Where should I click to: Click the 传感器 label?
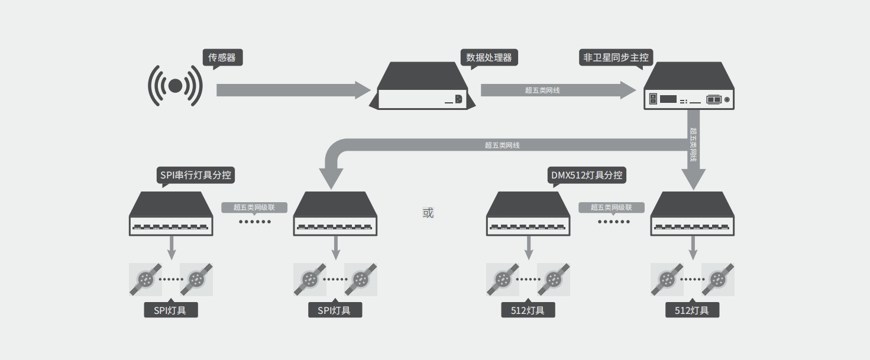click(x=222, y=57)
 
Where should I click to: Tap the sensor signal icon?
click(x=175, y=86)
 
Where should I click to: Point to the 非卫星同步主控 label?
click(x=616, y=57)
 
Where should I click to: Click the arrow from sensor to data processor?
click(x=293, y=90)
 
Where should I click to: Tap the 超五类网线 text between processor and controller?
click(x=542, y=90)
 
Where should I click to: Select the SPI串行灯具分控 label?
click(x=196, y=175)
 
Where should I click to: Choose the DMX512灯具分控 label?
click(x=587, y=175)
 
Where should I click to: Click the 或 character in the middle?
click(x=428, y=213)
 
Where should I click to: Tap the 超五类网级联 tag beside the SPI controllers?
click(x=254, y=207)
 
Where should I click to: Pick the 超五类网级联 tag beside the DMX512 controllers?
click(x=611, y=207)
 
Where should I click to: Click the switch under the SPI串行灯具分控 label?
click(x=171, y=214)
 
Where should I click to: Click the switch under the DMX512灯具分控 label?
click(x=528, y=214)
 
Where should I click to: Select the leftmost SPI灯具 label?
click(x=170, y=310)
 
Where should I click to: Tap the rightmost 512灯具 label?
click(x=692, y=310)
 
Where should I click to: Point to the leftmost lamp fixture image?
click(x=145, y=279)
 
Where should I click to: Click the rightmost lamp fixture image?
click(x=718, y=279)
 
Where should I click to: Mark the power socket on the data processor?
click(x=458, y=99)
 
